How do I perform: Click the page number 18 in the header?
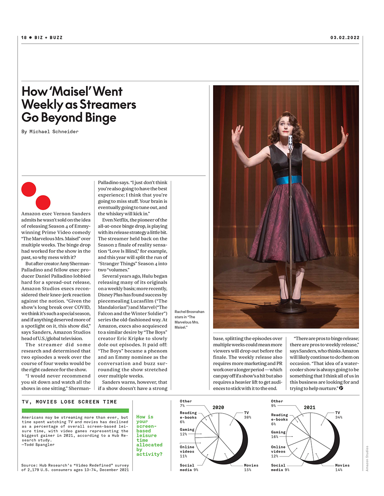pos(24,38)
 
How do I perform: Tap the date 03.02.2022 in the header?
pos(345,38)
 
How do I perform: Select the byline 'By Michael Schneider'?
pos(50,132)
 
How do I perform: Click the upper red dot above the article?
pos(29,189)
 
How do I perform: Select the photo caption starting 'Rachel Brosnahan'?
pos(189,320)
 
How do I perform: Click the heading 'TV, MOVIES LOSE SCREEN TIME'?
pos(69,402)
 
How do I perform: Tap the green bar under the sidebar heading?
pos(75,410)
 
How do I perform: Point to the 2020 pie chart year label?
pos(218,407)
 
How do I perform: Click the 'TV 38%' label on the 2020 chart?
pos(248,415)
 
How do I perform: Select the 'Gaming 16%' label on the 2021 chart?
pos(278,434)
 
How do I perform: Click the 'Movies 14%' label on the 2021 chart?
pos(342,467)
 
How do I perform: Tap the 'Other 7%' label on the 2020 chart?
pos(185,403)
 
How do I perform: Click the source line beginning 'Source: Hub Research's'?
pos(75,467)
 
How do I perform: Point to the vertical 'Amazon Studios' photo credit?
pos(367,458)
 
